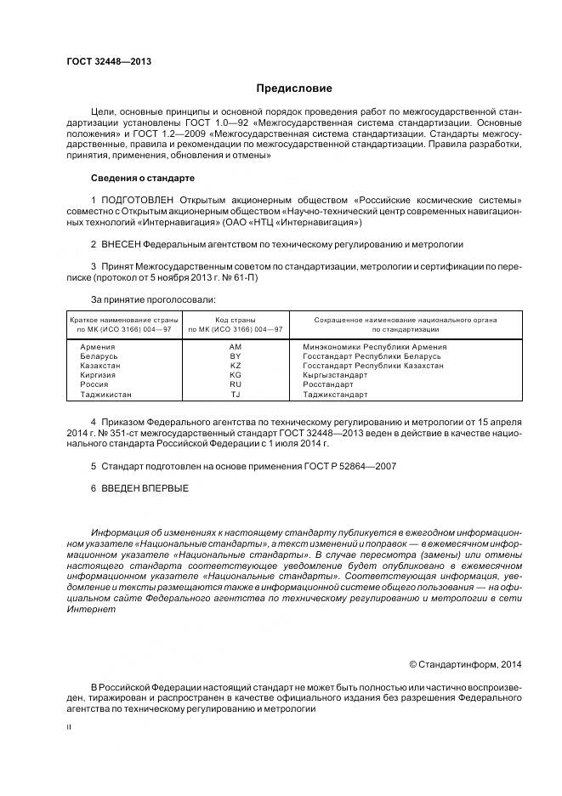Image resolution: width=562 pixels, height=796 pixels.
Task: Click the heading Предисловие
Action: pos(295,88)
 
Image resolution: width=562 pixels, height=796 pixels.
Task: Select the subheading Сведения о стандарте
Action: pos(143,179)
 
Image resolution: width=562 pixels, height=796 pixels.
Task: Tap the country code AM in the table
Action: pos(236,347)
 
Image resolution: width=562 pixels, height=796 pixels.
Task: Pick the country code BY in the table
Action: pos(236,356)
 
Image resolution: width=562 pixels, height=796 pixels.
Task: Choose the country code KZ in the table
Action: pos(236,366)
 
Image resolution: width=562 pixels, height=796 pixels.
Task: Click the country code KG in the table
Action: pos(236,375)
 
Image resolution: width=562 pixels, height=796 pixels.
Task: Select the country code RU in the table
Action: pos(236,384)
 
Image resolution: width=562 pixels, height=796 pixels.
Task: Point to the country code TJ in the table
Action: pos(236,395)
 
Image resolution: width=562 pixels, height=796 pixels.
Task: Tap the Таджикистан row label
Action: pos(105,395)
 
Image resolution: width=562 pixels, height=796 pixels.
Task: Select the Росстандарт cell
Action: pos(327,384)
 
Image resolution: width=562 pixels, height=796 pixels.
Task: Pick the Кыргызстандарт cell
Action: pos(335,375)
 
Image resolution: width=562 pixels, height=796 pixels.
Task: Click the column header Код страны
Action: pos(236,320)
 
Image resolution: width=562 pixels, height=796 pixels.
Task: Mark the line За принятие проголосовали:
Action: pos(153,299)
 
